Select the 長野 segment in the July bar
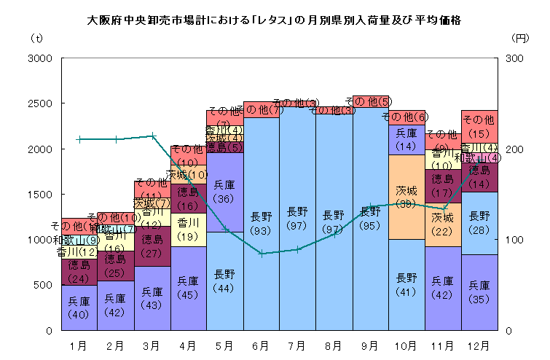tap(297, 219)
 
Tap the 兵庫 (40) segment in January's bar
tap(79, 308)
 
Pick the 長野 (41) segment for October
tap(406, 284)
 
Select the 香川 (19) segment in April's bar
tap(188, 229)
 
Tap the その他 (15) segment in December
tap(479, 126)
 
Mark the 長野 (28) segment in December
tap(479, 222)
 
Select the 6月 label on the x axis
tap(261, 343)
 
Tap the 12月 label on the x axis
tap(479, 343)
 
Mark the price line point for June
tap(261, 254)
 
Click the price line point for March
tap(152, 136)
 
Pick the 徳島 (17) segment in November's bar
tap(443, 186)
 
